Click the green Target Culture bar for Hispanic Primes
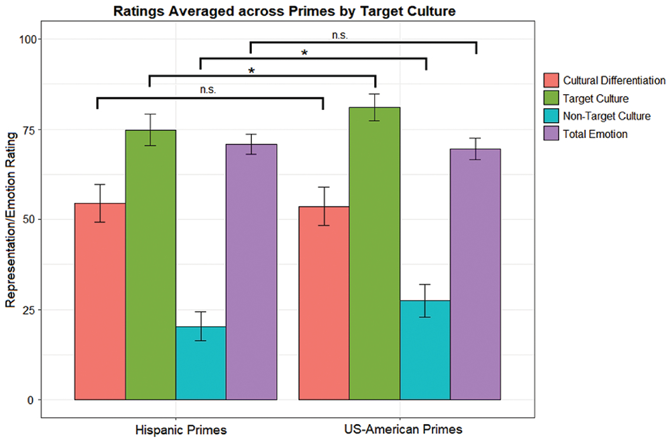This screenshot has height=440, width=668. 150,267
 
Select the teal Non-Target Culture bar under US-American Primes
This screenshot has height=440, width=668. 425,350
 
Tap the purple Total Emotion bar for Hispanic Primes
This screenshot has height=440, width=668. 251,273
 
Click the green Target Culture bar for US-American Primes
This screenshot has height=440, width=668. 375,254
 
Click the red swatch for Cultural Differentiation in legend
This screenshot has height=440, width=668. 551,81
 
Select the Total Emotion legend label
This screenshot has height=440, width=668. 596,134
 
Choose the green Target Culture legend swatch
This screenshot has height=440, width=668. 551,99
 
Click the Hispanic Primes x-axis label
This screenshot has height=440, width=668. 181,429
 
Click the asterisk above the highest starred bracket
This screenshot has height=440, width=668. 305,53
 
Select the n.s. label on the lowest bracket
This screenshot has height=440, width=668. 207,90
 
